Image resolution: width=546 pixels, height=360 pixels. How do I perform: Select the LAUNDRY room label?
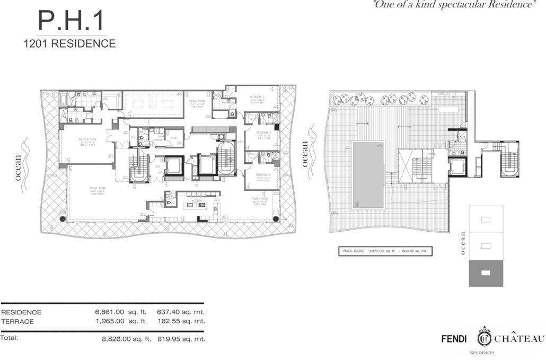[x=157, y=139]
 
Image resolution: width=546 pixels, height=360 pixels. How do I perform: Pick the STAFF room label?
[x=174, y=138]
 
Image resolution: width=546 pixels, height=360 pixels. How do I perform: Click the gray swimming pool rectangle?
[x=368, y=175]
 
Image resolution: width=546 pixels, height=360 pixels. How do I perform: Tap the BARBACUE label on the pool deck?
[x=444, y=94]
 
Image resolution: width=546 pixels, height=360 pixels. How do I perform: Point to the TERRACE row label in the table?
[x=17, y=321]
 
